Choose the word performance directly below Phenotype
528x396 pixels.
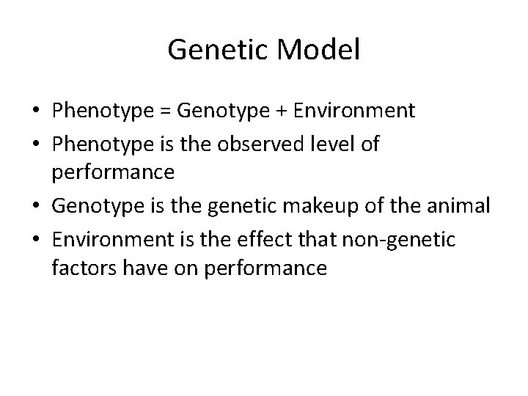point(114,174)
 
